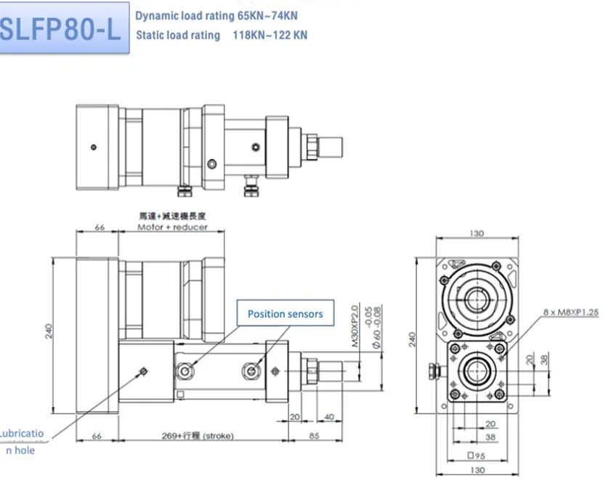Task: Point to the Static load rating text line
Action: [221, 35]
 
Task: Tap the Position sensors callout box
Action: [285, 314]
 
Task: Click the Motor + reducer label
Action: [172, 227]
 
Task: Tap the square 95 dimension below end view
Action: [477, 457]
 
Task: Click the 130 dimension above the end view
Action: [477, 234]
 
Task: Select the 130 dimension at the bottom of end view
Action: [477, 471]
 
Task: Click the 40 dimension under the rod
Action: [330, 416]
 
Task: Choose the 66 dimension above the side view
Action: [100, 227]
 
